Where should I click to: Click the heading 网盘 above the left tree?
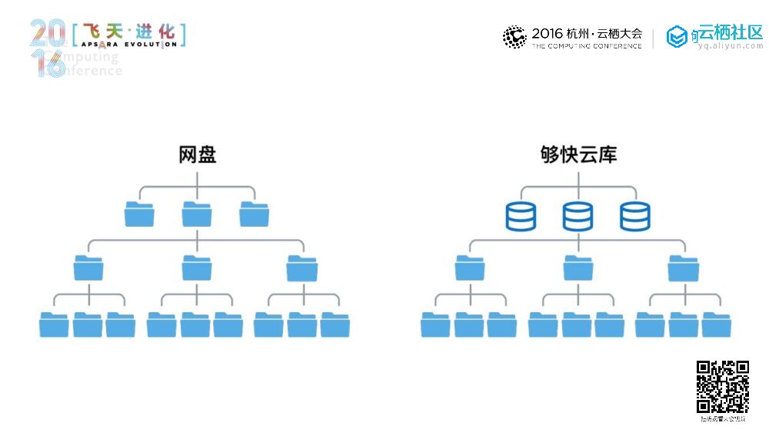pos(197,155)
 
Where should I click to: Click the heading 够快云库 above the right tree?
pos(578,155)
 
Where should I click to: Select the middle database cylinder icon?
pos(578,216)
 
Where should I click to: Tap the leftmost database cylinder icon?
pos(521,216)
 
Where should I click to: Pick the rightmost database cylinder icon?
pos(635,216)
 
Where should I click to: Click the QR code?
pos(722,387)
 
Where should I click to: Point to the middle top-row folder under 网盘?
pos(197,214)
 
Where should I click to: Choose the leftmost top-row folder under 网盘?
pos(139,214)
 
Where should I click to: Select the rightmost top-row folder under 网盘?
pos(254,214)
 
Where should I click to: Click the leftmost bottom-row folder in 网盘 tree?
pos(54,325)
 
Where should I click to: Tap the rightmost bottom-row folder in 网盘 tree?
pos(335,325)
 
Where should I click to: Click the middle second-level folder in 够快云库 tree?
pos(578,268)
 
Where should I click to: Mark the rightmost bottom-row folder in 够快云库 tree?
pos(717,325)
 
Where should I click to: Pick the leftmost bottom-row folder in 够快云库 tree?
pos(435,325)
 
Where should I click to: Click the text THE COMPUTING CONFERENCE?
pos(586,46)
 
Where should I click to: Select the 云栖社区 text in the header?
pos(730,32)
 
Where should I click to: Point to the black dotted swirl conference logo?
pos(514,36)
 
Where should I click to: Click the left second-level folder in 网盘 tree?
pos(88,268)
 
